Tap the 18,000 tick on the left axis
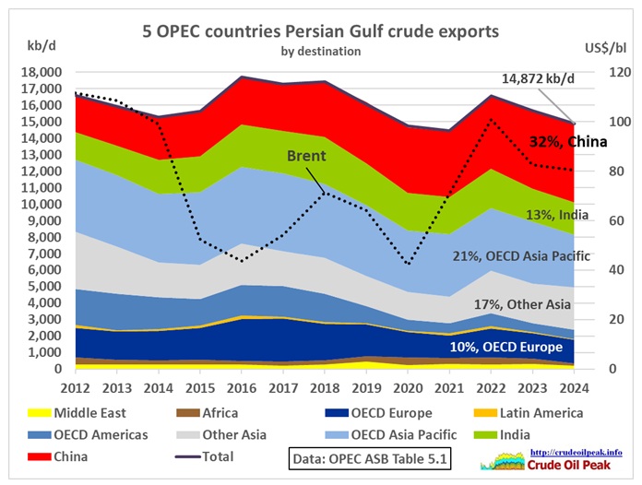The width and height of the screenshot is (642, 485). [42, 72]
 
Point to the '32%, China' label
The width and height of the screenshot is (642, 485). [568, 141]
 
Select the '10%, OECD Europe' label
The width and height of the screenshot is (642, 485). [502, 347]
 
